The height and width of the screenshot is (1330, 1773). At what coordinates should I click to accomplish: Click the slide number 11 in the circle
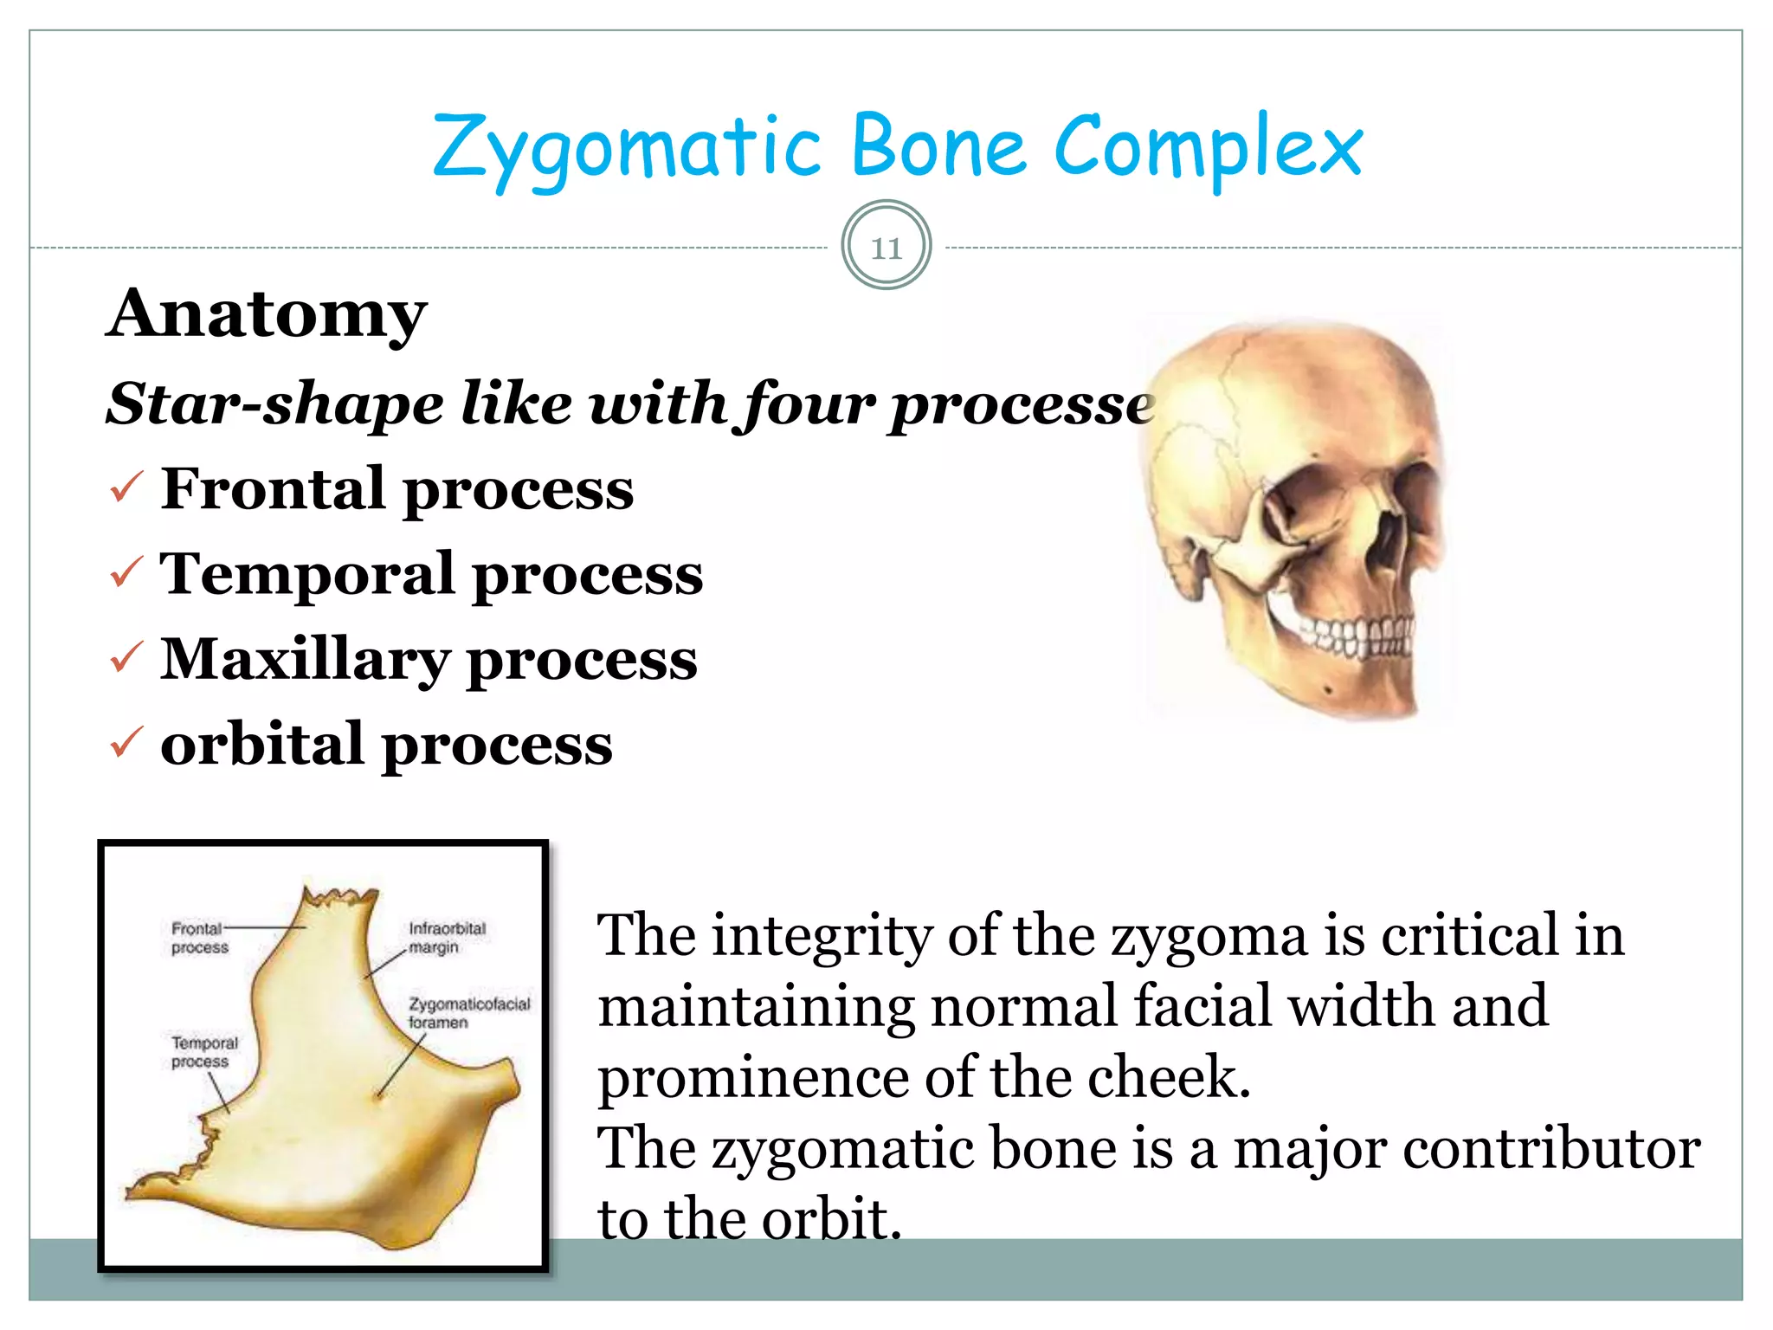(886, 248)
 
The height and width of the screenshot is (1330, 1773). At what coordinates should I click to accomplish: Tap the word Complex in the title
(1208, 147)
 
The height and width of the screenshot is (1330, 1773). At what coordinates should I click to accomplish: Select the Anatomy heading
(267, 313)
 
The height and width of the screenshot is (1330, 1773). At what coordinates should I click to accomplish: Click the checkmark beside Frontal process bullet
(126, 488)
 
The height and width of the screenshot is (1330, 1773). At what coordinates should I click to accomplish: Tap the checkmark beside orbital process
(126, 743)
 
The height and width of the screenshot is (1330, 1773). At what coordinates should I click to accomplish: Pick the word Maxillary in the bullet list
(305, 660)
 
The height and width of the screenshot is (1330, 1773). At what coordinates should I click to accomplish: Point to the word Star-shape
(274, 404)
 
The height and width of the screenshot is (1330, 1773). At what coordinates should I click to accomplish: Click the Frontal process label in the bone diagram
(199, 938)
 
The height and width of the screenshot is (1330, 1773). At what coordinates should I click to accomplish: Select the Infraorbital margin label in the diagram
(446, 938)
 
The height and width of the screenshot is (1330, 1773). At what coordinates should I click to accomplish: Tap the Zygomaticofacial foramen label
(468, 1012)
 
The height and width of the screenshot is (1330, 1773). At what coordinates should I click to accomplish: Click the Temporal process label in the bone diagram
(203, 1052)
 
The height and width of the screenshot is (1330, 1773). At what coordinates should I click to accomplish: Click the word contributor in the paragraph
(1551, 1149)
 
